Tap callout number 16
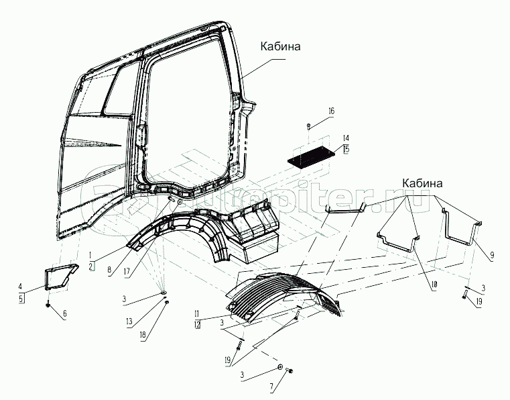click(x=331, y=111)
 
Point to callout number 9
click(x=492, y=255)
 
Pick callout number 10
click(x=434, y=285)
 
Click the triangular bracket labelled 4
click(x=58, y=279)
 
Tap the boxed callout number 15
click(x=345, y=149)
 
